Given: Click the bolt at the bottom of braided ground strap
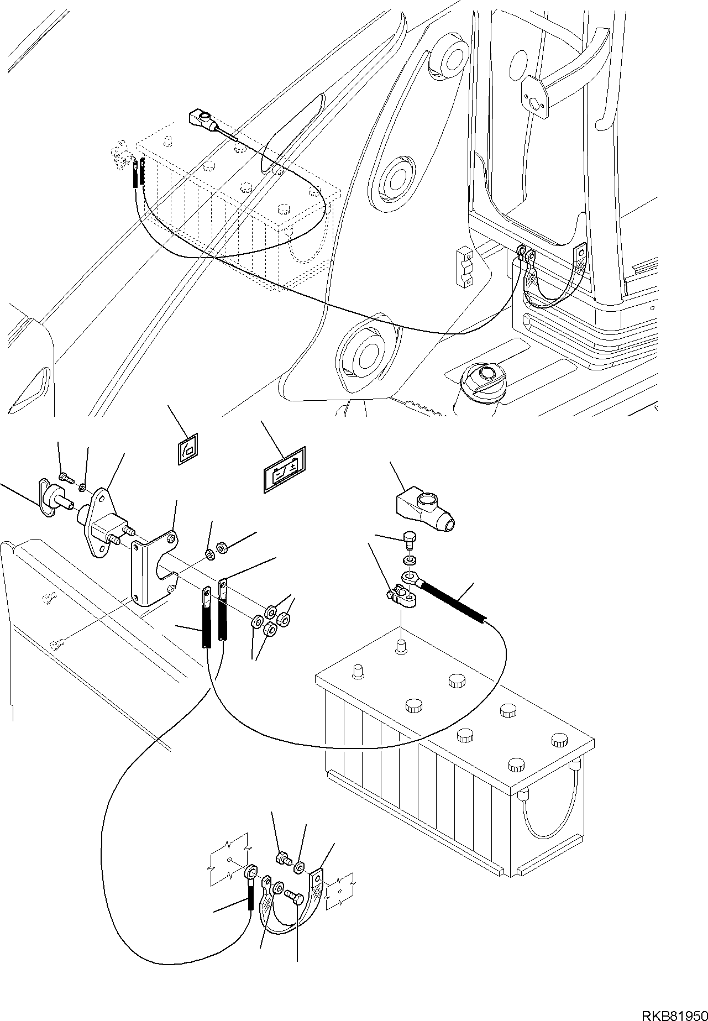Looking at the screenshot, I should pyautogui.click(x=294, y=896).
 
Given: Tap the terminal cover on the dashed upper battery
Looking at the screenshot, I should pyautogui.click(x=202, y=119).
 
